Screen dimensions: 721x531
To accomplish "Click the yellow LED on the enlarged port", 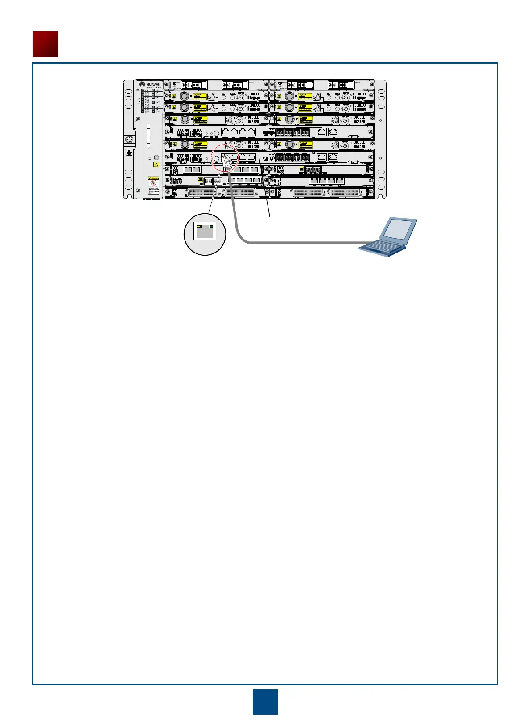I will pyautogui.click(x=199, y=227).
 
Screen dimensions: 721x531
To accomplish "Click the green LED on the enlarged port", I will pyautogui.click(x=211, y=227).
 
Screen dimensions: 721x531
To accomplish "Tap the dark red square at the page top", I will pyautogui.click(x=45, y=44).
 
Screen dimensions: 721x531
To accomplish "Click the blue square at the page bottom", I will pyautogui.click(x=265, y=702).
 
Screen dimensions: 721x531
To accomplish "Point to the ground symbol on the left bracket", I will pyautogui.click(x=129, y=153).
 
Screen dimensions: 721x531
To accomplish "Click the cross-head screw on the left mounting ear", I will pyautogui.click(x=129, y=140).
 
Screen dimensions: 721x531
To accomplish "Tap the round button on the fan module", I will pyautogui.click(x=156, y=157).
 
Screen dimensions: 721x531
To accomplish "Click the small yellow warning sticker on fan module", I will pyautogui.click(x=156, y=165).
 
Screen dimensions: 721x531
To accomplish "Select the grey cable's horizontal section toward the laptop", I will pyautogui.click(x=303, y=243).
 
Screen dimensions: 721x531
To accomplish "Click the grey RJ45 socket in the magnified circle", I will pyautogui.click(x=205, y=232).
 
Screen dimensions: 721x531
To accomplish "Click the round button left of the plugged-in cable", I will pyautogui.click(x=216, y=158).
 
